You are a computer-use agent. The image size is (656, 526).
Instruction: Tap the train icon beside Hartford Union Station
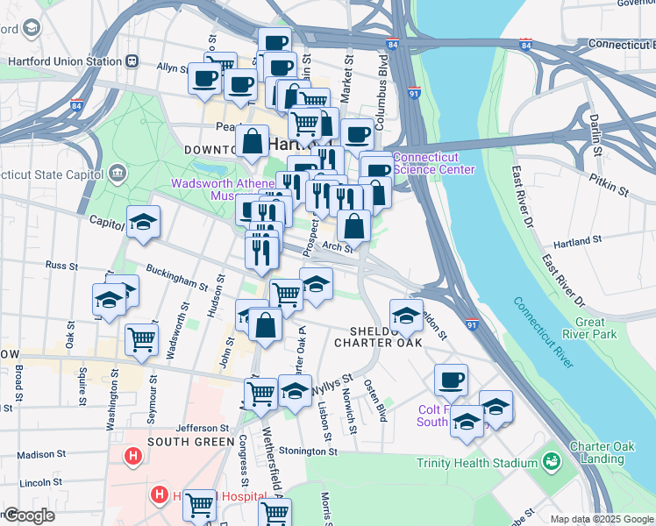tap(132, 61)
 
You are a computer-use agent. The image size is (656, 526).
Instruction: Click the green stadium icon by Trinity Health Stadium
tap(552, 460)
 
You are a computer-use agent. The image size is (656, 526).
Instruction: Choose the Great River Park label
tap(595, 328)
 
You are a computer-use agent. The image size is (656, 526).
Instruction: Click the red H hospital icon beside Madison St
tap(133, 456)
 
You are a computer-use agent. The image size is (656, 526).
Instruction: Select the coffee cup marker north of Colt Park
tap(451, 380)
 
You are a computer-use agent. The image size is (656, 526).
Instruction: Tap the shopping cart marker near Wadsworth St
tap(141, 338)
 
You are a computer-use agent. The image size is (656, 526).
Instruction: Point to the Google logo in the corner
tap(29, 516)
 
